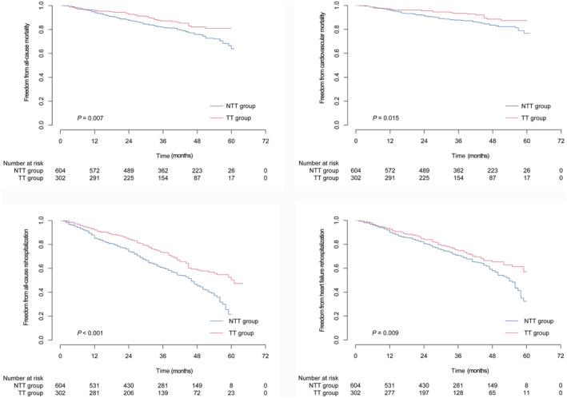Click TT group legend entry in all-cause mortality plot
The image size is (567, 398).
(x=238, y=117)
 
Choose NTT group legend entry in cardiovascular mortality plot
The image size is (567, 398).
(x=533, y=105)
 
